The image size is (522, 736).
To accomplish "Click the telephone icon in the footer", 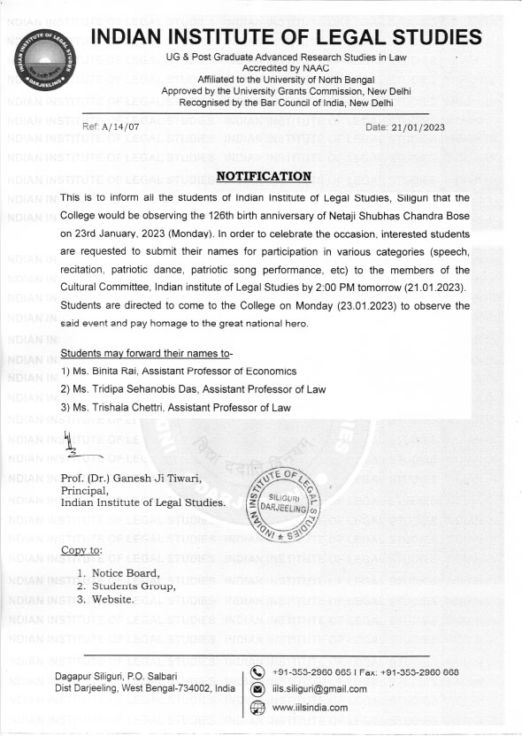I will pos(257,671).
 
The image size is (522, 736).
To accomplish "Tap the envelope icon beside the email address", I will pos(257,688).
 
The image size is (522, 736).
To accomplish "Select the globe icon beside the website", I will pos(257,707).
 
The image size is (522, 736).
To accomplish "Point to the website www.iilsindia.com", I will pos(310,707).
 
